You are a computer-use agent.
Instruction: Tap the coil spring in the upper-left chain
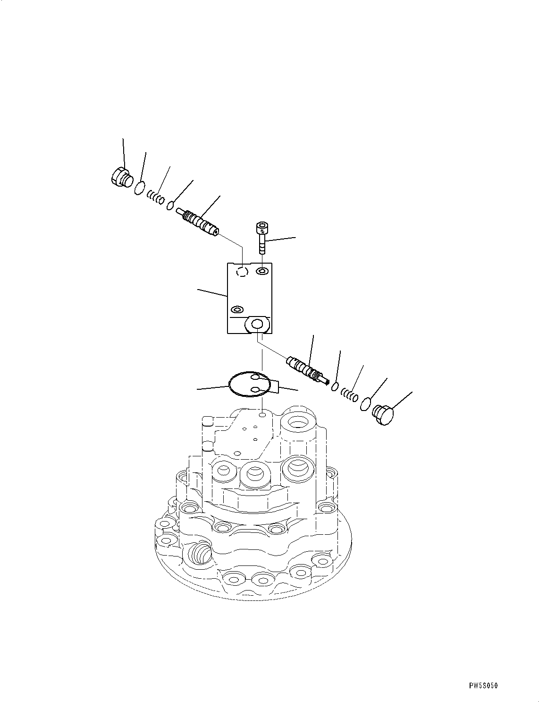[x=155, y=197]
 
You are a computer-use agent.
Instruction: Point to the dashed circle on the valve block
[x=242, y=272]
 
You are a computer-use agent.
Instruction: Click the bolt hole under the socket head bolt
[x=262, y=271]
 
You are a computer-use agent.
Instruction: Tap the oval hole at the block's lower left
[x=236, y=310]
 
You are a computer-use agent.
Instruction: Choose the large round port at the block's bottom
[x=257, y=324]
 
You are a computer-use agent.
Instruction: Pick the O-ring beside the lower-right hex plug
[x=366, y=404]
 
